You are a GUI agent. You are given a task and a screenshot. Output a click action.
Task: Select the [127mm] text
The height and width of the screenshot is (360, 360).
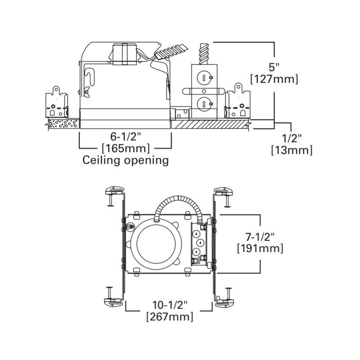pos(274,79)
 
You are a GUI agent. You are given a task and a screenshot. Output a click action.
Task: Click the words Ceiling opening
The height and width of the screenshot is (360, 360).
pos(126,160)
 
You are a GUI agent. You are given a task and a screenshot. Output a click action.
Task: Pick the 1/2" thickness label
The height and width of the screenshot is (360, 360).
pos(292,138)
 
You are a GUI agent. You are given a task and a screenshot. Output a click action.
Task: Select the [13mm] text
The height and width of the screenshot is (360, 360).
pos(292,150)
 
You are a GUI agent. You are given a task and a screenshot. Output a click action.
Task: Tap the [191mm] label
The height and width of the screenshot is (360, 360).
pos(260,248)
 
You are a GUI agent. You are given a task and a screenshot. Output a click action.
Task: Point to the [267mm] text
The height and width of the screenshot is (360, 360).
pos(169,316)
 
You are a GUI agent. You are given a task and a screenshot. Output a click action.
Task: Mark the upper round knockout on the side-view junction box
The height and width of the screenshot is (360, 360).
pos(205,78)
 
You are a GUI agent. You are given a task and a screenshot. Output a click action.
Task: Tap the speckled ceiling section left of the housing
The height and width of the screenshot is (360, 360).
pos(63,124)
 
